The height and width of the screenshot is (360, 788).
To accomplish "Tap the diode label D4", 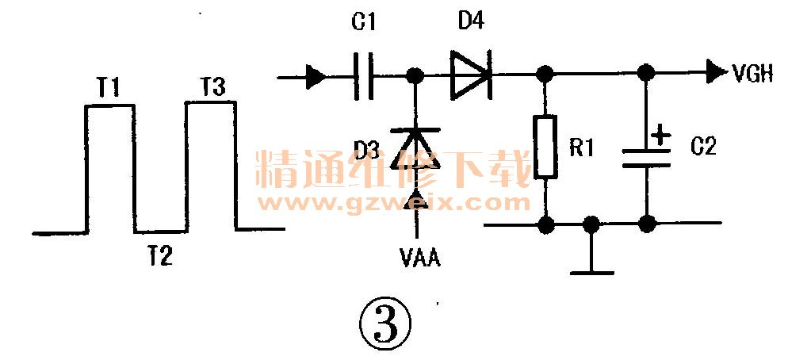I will click(471, 21).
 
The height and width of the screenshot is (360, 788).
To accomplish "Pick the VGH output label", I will click(753, 75).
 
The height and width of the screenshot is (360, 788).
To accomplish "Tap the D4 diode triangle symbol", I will click(470, 76).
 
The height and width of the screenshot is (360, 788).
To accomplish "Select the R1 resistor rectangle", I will click(545, 147).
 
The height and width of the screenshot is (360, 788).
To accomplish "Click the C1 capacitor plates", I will click(362, 76).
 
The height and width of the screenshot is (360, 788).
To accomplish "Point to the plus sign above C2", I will click(658, 136).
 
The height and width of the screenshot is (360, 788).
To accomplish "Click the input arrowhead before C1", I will click(315, 77).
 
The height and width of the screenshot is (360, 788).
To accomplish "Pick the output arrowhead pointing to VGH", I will click(715, 75).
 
